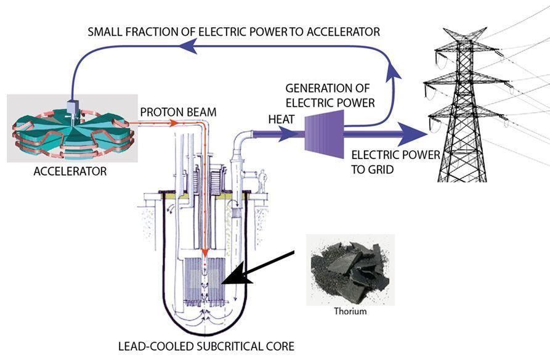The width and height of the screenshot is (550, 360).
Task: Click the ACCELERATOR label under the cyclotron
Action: point(70,171)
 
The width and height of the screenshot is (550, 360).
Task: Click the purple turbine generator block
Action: point(323,131)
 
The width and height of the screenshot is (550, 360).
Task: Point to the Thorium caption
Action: point(350,311)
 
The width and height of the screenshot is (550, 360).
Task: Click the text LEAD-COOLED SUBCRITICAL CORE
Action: point(211,346)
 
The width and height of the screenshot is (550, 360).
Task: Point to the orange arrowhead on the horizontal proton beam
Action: point(174,122)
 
